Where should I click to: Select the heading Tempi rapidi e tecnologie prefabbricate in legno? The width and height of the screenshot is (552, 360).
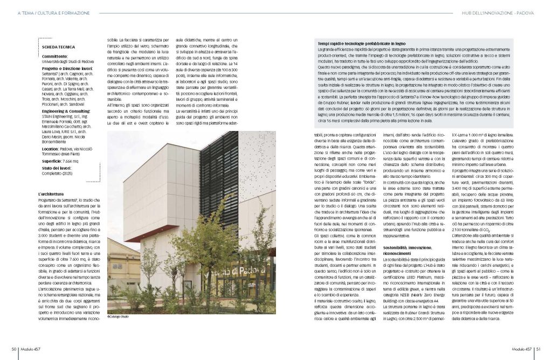[362, 43]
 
